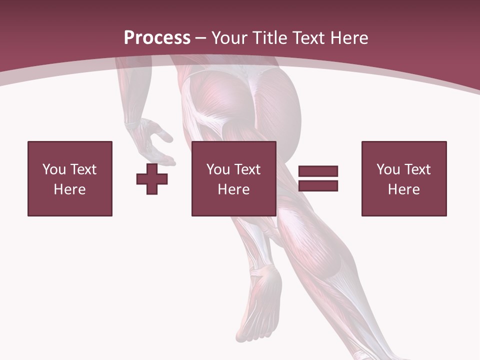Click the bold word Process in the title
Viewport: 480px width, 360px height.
pyautogui.click(x=157, y=38)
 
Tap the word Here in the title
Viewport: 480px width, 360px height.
pyautogui.click(x=348, y=38)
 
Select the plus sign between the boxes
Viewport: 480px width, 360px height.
pyautogui.click(x=152, y=179)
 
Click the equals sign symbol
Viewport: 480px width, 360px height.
pyautogui.click(x=318, y=178)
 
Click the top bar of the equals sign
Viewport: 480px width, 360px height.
pyautogui.click(x=318, y=171)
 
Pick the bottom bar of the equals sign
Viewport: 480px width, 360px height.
pyautogui.click(x=318, y=185)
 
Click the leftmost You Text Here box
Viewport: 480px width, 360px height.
pyautogui.click(x=70, y=178)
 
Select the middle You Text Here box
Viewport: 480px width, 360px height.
pyautogui.click(x=234, y=178)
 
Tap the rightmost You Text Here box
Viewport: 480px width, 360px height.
pyautogui.click(x=404, y=178)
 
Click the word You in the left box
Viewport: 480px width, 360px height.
pyautogui.click(x=53, y=169)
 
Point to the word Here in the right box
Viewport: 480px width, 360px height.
pyautogui.click(x=404, y=189)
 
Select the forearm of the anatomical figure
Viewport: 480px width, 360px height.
pyautogui.click(x=131, y=95)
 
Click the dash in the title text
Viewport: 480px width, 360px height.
pyautogui.click(x=201, y=38)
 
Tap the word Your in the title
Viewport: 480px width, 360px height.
pyautogui.click(x=230, y=38)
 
